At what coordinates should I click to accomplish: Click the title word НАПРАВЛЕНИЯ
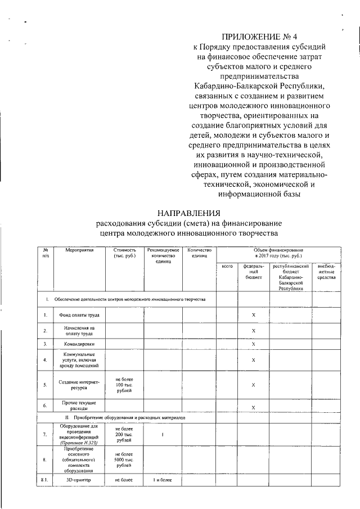(x=188, y=213)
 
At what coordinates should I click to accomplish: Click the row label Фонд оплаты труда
(x=79, y=315)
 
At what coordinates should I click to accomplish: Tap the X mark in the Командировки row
(x=254, y=344)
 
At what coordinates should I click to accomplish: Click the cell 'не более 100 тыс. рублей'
(x=124, y=385)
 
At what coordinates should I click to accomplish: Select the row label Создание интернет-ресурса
(x=79, y=385)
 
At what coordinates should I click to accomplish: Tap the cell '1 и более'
(x=163, y=480)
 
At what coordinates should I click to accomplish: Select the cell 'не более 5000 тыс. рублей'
(x=124, y=460)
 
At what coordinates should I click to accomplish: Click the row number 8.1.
(x=44, y=480)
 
